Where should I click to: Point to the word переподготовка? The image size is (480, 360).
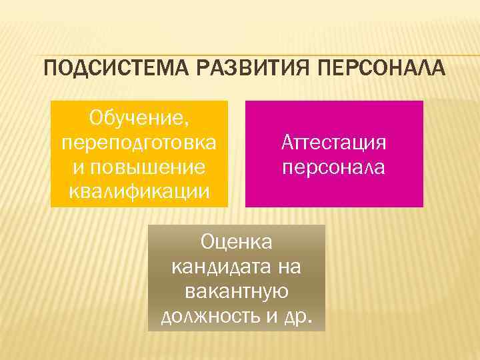click(x=139, y=143)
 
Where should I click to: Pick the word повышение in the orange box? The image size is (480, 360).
click(x=147, y=167)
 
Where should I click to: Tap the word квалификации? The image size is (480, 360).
click(x=139, y=190)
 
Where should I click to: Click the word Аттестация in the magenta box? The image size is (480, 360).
click(x=334, y=143)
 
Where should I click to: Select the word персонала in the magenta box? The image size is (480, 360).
click(x=333, y=166)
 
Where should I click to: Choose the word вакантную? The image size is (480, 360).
click(x=237, y=291)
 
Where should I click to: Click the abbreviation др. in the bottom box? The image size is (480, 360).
click(x=296, y=315)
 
